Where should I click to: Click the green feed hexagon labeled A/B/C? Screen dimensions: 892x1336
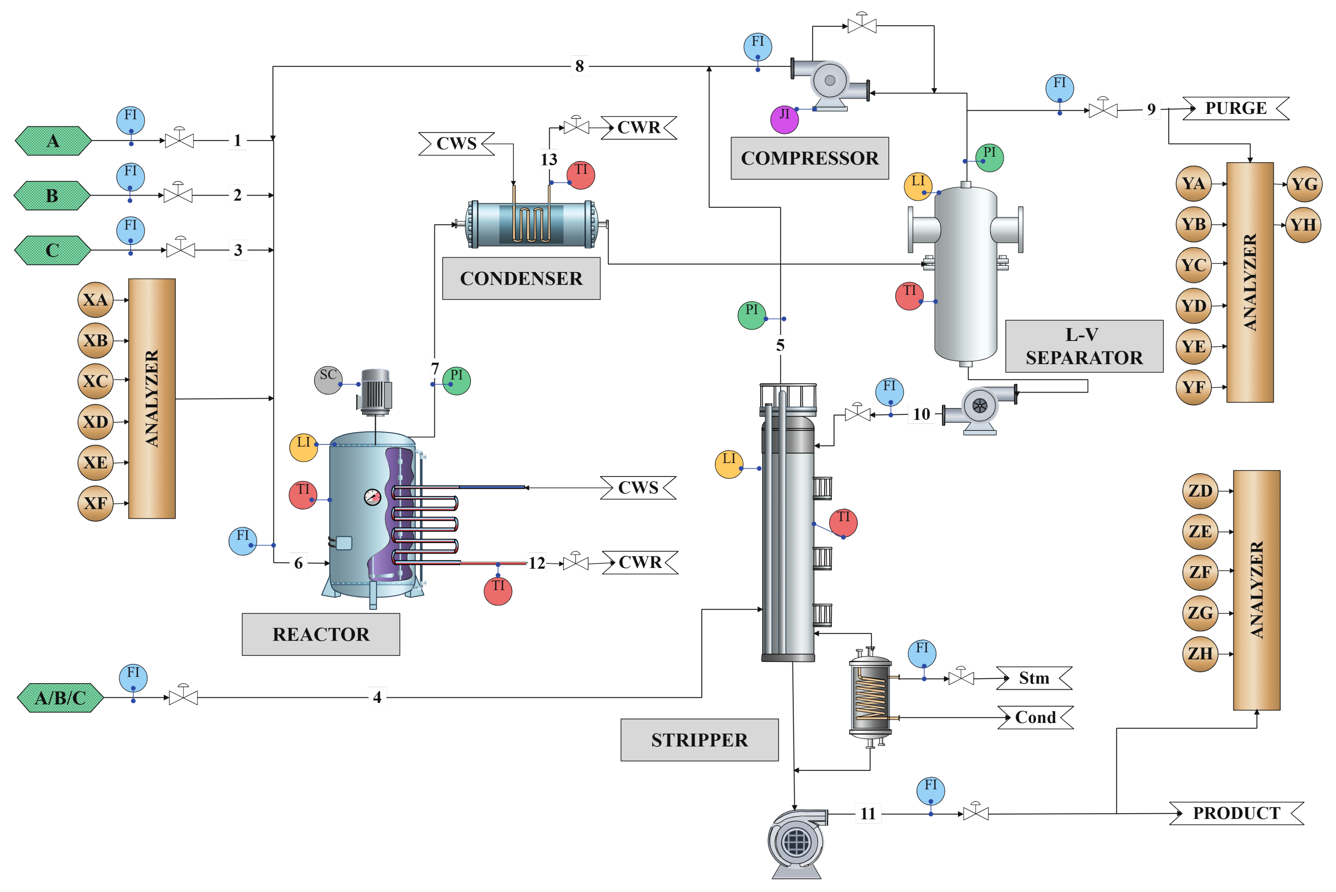tap(60, 697)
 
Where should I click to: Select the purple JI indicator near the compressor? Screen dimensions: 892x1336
tap(784, 119)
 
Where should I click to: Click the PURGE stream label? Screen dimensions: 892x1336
tap(1235, 108)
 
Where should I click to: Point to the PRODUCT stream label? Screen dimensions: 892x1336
tap(1236, 813)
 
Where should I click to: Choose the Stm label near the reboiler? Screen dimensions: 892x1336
tap(1033, 678)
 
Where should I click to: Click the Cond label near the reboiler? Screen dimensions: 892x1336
tap(1035, 717)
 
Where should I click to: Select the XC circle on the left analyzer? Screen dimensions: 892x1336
tap(96, 381)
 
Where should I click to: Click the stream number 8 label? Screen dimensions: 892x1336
tap(579, 66)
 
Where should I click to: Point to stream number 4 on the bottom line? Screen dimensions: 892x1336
tap(377, 697)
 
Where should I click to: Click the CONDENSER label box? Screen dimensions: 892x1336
tap(521, 278)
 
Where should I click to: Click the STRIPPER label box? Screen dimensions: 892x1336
tap(699, 739)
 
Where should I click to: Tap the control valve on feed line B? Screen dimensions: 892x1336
tap(178, 195)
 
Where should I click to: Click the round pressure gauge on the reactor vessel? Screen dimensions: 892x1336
tap(373, 497)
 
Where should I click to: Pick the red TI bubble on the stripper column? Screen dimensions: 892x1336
tap(843, 522)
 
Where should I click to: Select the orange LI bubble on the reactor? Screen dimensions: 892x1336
tap(303, 447)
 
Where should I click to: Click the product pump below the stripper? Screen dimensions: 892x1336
tap(796, 842)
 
